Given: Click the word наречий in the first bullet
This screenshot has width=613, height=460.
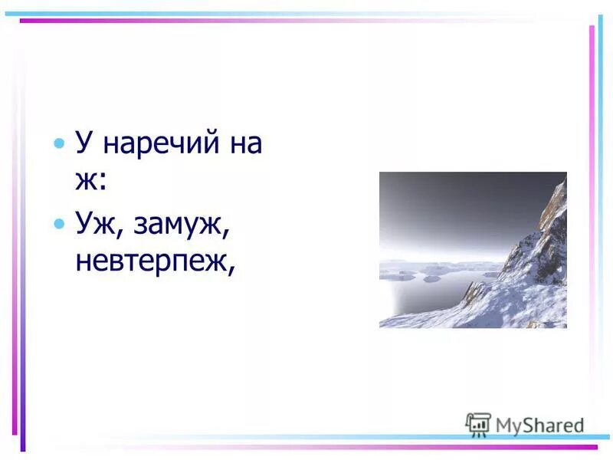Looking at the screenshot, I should pyautogui.click(x=156, y=144).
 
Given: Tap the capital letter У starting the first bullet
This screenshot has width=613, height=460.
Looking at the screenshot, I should pyautogui.click(x=84, y=143).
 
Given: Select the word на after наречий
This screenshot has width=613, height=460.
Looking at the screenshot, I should pyautogui.click(x=244, y=144).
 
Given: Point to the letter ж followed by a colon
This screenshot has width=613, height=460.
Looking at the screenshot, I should pyautogui.click(x=86, y=182).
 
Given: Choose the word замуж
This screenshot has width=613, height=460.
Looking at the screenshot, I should pyautogui.click(x=182, y=225).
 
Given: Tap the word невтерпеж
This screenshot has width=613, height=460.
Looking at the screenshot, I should pyautogui.click(x=154, y=262).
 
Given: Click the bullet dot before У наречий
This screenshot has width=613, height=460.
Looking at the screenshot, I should pyautogui.click(x=60, y=144).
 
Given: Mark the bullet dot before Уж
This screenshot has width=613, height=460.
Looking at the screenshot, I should pyautogui.click(x=60, y=224).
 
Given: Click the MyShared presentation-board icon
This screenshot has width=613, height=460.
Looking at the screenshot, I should pyautogui.click(x=477, y=424).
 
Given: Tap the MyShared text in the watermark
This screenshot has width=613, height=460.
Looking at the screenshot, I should pyautogui.click(x=539, y=426).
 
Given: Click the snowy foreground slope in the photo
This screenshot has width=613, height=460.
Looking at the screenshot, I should pyautogui.click(x=498, y=310).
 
